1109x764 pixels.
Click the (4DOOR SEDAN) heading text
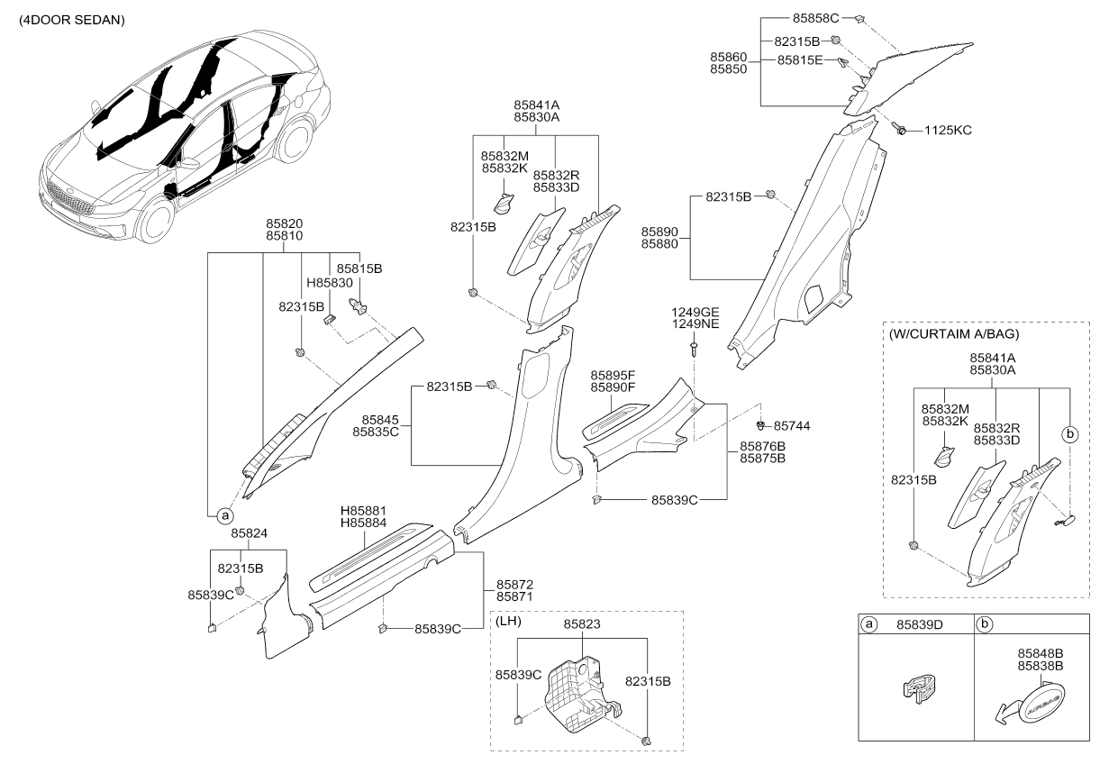tap(72, 21)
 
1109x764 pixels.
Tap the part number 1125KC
tap(948, 131)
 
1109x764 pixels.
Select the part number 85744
tap(792, 426)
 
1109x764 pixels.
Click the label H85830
tap(330, 283)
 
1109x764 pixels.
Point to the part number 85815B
tap(359, 268)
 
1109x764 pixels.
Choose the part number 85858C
tap(816, 18)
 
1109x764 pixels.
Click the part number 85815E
tap(800, 59)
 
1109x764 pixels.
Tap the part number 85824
tap(249, 533)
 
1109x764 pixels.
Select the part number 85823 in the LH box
tap(582, 623)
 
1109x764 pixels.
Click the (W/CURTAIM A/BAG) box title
tap(954, 333)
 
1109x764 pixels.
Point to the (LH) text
tap(508, 621)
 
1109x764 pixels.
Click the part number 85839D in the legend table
tap(920, 625)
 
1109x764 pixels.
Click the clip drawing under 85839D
tap(920, 688)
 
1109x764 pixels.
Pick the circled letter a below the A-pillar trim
tap(225, 516)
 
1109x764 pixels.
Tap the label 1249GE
tap(695, 312)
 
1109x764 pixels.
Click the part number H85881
tap(363, 511)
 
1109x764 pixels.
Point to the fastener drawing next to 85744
tap(760, 425)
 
